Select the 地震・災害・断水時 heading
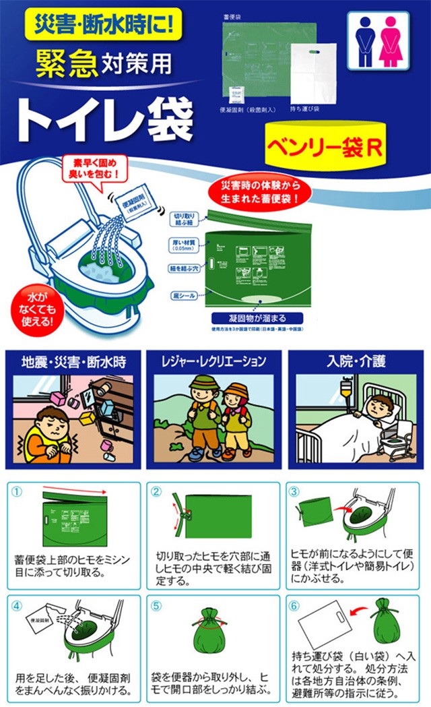[74, 362]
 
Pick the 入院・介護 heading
[356, 362]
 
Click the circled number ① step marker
[18, 491]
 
